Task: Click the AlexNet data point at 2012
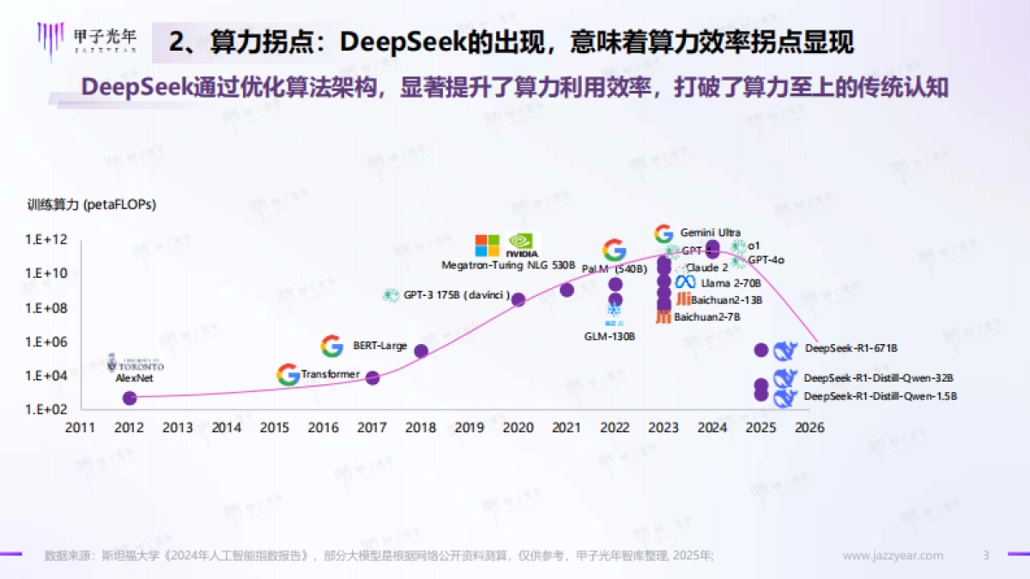130,398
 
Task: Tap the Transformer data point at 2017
373,377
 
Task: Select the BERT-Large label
379,347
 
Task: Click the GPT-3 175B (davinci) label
457,296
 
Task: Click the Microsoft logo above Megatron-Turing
488,245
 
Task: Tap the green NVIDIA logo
523,246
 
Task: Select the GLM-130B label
609,336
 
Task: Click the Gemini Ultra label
710,232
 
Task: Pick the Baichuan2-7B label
706,317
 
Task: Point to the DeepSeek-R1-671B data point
760,350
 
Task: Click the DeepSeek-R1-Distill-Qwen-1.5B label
880,396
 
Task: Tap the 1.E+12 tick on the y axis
46,240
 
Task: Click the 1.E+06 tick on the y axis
46,341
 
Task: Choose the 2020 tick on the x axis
518,428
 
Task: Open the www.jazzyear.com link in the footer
893,556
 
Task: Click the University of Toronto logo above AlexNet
135,364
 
